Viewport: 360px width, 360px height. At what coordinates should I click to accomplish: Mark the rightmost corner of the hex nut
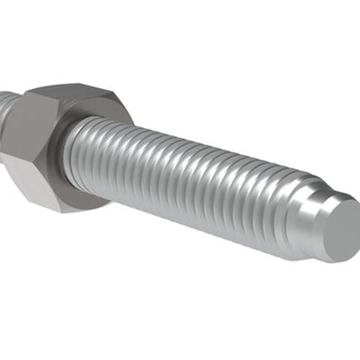tap(133, 114)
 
